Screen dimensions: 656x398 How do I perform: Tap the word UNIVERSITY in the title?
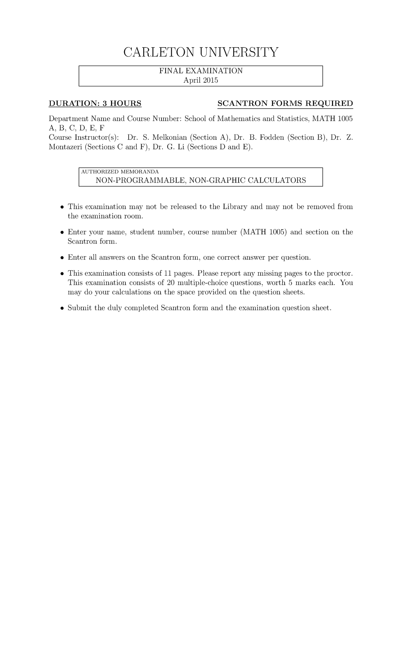tap(237, 52)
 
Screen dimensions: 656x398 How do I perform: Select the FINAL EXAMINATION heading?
tap(201, 71)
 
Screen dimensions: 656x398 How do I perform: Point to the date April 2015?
tap(201, 80)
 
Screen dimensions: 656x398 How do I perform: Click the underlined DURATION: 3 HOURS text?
tap(95, 104)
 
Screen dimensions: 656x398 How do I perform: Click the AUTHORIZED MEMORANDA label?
tap(120, 172)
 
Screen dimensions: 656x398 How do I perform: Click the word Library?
tap(235, 207)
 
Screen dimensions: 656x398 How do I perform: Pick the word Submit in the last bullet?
tap(80, 308)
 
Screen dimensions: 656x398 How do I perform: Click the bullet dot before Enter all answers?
tap(62, 258)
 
